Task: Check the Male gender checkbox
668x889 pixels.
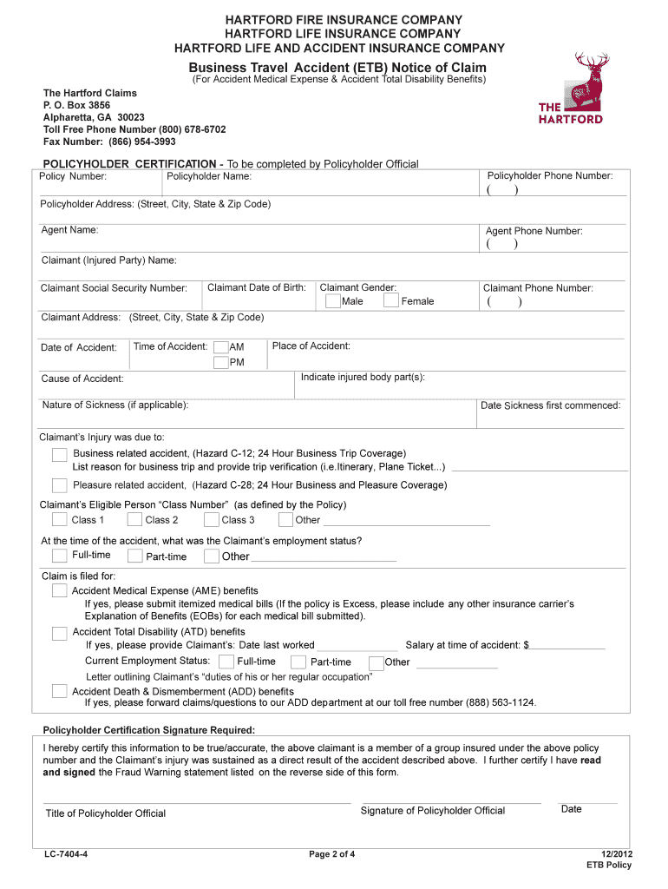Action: [x=333, y=301]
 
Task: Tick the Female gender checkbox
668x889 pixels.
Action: [x=390, y=301]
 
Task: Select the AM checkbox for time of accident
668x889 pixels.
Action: [x=221, y=347]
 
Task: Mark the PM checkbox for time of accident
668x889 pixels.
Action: [x=221, y=362]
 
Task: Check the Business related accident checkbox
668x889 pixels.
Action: [x=59, y=455]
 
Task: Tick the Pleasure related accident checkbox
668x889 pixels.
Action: [x=59, y=485]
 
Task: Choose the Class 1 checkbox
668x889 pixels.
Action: [x=59, y=520]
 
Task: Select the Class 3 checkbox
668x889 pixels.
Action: [x=211, y=520]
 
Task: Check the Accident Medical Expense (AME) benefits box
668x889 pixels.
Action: [x=59, y=591]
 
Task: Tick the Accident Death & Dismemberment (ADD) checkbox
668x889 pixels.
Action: [x=59, y=691]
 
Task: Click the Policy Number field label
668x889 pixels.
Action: [x=74, y=176]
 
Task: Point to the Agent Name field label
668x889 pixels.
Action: [x=69, y=230]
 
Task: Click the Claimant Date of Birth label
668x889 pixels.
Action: [x=257, y=287]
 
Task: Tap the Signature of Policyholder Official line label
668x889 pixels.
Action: [x=432, y=811]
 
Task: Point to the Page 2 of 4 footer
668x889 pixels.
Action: [x=332, y=854]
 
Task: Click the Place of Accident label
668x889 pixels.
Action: [x=311, y=346]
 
